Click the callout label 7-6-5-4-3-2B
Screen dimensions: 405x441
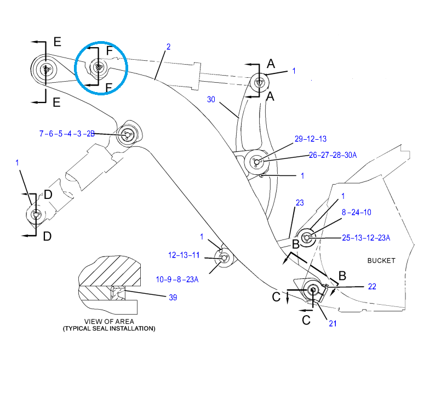(x=67, y=133)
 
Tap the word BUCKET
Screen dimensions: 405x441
(x=381, y=260)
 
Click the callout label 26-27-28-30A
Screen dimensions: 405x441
(x=333, y=155)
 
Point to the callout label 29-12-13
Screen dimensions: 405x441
(x=310, y=139)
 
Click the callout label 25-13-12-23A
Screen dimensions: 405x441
(x=366, y=238)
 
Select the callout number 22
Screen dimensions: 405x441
(x=372, y=286)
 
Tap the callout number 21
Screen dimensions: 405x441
(x=333, y=323)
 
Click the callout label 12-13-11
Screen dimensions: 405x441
(x=184, y=255)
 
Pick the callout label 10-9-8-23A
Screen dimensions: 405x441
(x=177, y=279)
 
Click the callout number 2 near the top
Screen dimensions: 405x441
(x=168, y=47)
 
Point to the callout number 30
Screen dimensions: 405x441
(x=211, y=99)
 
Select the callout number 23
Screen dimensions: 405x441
(x=299, y=203)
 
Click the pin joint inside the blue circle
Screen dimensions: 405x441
(x=99, y=68)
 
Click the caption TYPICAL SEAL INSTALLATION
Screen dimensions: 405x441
(x=108, y=329)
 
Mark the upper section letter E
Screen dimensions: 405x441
(x=57, y=42)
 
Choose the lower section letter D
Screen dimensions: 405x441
(x=47, y=236)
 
